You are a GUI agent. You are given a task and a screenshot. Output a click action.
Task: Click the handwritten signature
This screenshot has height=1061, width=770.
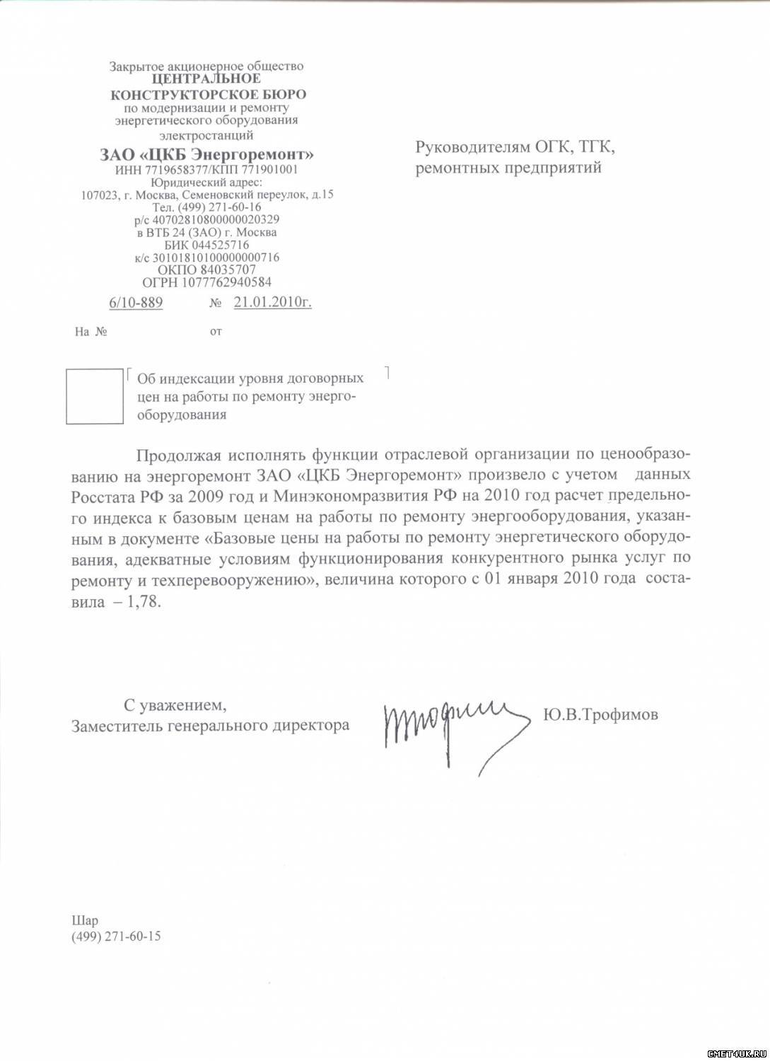453,729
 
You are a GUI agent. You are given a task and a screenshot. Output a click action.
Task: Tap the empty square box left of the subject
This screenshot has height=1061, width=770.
94,396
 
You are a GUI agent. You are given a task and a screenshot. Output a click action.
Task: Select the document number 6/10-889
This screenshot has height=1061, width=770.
136,303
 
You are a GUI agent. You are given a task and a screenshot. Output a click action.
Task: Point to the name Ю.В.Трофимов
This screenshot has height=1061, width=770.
600,714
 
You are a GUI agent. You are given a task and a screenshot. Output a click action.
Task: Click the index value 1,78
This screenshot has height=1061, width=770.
144,603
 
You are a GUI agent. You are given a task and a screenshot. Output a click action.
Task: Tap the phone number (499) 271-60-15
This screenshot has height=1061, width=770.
116,936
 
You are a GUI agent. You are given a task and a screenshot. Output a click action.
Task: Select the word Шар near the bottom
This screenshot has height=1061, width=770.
85,920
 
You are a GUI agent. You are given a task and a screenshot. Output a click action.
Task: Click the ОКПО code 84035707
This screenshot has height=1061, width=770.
228,269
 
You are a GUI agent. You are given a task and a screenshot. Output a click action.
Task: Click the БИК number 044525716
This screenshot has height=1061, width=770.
221,245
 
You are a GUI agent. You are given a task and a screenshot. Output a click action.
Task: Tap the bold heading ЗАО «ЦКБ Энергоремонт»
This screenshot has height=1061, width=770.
206,155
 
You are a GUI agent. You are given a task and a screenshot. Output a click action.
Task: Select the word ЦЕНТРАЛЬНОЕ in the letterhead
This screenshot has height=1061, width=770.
206,79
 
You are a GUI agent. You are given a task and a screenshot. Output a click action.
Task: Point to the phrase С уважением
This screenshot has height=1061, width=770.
175,705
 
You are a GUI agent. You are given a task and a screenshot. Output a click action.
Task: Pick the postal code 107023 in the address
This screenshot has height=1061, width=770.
98,195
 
